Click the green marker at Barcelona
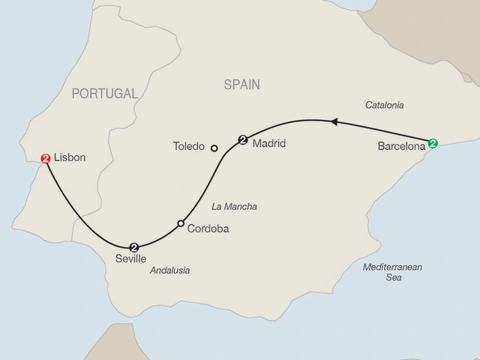[x=433, y=142]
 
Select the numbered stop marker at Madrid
[x=242, y=139]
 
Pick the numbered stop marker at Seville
[x=134, y=247]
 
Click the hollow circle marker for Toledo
[x=214, y=148]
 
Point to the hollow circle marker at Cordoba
[x=181, y=223]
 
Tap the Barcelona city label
[x=402, y=148]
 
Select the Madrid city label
[x=268, y=142]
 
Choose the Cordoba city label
[x=207, y=229]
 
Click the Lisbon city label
[x=71, y=158]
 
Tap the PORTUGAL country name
[x=105, y=94]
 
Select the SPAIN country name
[x=241, y=85]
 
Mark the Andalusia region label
[x=169, y=271]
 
